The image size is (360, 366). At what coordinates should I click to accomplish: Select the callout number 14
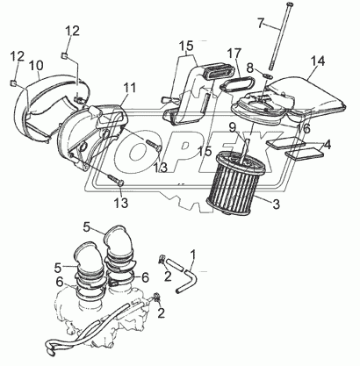(318, 61)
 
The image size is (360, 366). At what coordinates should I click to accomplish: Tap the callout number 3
(276, 205)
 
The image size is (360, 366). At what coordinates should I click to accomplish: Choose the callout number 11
(129, 88)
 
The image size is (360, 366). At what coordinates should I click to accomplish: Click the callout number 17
(234, 54)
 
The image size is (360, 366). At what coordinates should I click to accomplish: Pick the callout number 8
(249, 68)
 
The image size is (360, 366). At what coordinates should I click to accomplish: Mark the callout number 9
(233, 127)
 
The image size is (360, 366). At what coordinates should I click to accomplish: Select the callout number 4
(328, 145)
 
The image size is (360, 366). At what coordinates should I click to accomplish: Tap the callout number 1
(193, 255)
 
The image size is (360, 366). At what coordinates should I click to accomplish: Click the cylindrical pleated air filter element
(237, 180)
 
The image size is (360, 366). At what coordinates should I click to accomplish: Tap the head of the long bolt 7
(291, 4)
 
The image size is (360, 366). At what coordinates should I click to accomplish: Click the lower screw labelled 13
(115, 180)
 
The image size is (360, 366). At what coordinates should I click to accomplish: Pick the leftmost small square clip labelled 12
(12, 83)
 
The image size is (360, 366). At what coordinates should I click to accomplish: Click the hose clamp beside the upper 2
(161, 259)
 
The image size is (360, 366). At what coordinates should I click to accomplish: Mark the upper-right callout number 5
(87, 227)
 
